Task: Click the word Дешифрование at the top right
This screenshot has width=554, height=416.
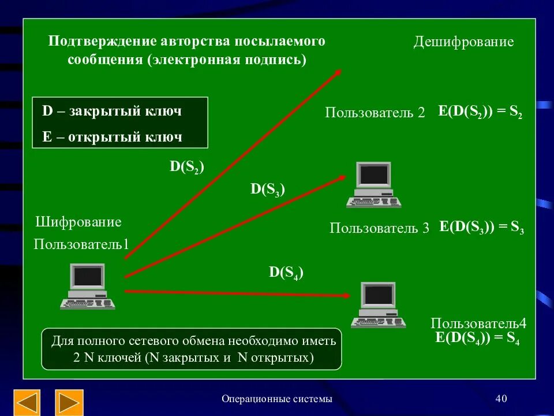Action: click(463, 42)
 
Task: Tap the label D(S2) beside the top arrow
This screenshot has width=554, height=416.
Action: click(186, 167)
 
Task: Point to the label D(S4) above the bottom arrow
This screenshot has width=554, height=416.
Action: click(286, 273)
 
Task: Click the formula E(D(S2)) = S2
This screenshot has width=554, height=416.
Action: click(480, 112)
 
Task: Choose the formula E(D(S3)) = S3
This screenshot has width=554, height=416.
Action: click(481, 227)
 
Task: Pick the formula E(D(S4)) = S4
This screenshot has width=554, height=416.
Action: click(477, 339)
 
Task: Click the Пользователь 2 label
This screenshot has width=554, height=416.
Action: click(375, 113)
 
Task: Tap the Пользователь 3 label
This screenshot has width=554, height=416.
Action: click(379, 228)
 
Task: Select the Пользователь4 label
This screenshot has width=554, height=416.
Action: click(478, 324)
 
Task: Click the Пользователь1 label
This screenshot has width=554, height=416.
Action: click(81, 244)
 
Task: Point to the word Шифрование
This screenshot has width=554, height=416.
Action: click(78, 222)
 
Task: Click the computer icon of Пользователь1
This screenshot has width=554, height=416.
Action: click(88, 287)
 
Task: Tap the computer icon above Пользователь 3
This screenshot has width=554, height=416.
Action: click(373, 185)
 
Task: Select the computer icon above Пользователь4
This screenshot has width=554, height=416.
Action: click(378, 305)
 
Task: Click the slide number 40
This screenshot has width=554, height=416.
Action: click(501, 399)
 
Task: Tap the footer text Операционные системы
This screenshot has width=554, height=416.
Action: click(277, 399)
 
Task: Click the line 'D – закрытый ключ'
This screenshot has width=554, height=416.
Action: click(112, 111)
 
